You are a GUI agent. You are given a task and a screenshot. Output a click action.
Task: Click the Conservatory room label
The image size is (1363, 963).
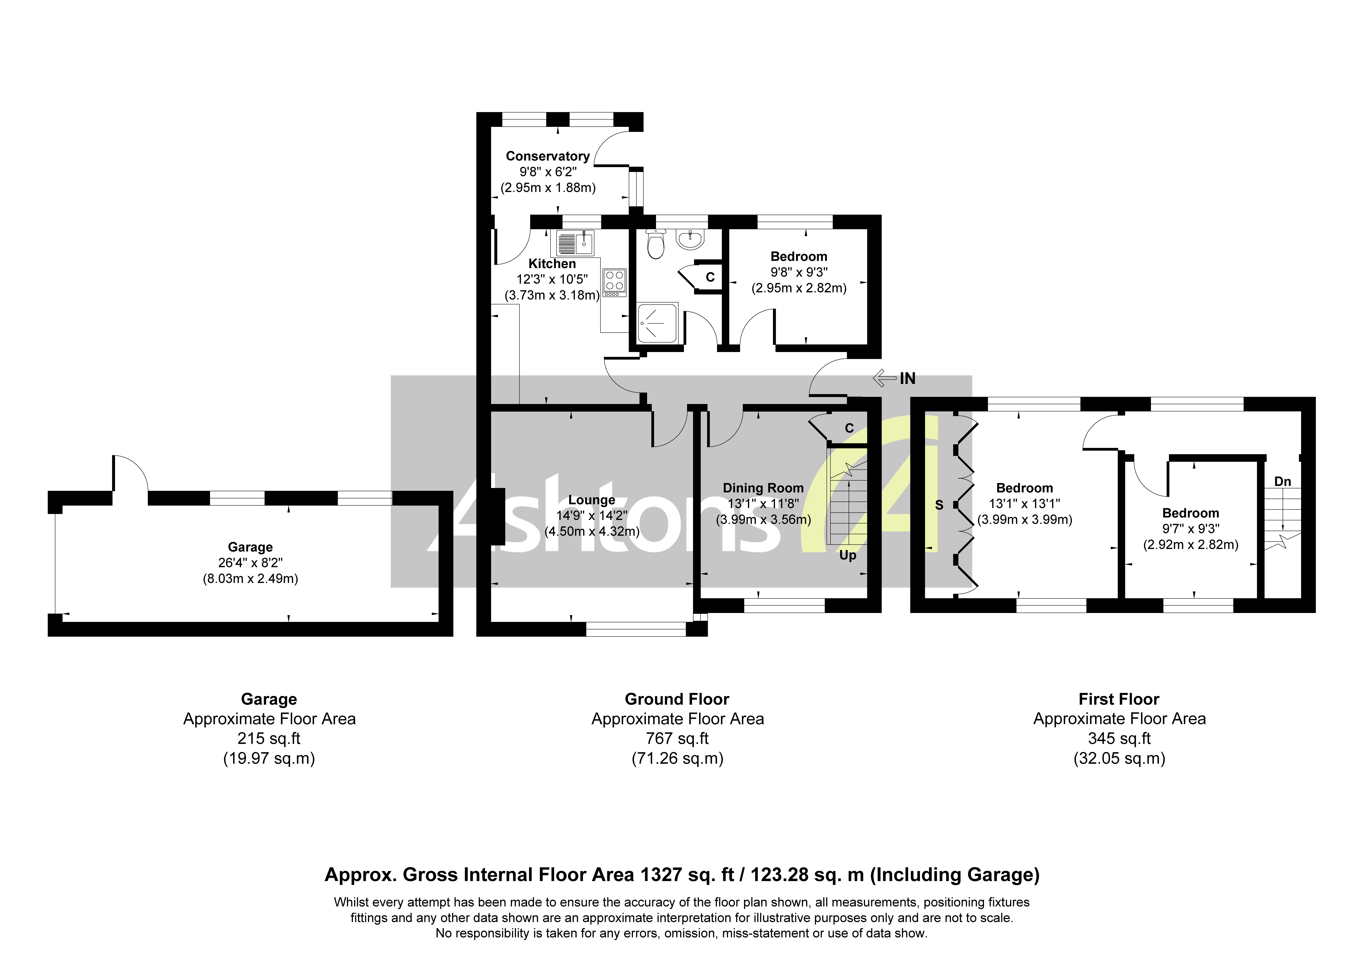[x=547, y=156]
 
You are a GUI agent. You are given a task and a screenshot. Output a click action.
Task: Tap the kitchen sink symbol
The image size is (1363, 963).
[x=575, y=243]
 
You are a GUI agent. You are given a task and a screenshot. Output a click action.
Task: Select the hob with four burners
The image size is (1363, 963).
[x=614, y=282]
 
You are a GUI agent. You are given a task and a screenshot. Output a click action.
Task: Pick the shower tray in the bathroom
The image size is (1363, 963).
[x=657, y=323]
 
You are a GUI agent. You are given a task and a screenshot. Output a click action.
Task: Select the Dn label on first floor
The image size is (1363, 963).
[x=1282, y=481]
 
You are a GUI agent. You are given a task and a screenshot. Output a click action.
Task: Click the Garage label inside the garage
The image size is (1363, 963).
[x=250, y=547]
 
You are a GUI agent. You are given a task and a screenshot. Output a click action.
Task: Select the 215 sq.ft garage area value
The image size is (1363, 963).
[x=269, y=739]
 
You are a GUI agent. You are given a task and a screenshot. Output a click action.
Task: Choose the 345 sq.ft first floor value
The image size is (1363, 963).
[x=1119, y=739]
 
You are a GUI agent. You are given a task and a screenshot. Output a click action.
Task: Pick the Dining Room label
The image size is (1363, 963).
[x=763, y=488]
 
